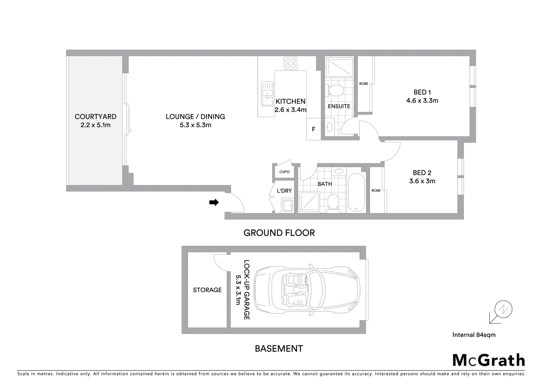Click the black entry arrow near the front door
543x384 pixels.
(214, 202)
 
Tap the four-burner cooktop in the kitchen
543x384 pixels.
(290, 63)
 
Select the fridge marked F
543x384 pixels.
(313, 129)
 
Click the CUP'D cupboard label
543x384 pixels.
(284, 172)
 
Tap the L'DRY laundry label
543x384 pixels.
(284, 191)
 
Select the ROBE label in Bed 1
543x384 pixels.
(364, 84)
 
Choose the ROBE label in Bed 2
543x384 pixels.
(376, 191)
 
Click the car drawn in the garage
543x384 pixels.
(308, 290)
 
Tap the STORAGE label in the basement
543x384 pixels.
(207, 290)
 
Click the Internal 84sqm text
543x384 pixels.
(474, 335)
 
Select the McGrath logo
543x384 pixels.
(489, 360)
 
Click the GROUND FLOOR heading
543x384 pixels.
(279, 233)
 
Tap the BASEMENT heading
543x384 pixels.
(279, 348)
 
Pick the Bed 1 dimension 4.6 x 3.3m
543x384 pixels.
(422, 101)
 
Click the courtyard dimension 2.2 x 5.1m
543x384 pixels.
(95, 125)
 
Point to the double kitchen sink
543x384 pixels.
(267, 94)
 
